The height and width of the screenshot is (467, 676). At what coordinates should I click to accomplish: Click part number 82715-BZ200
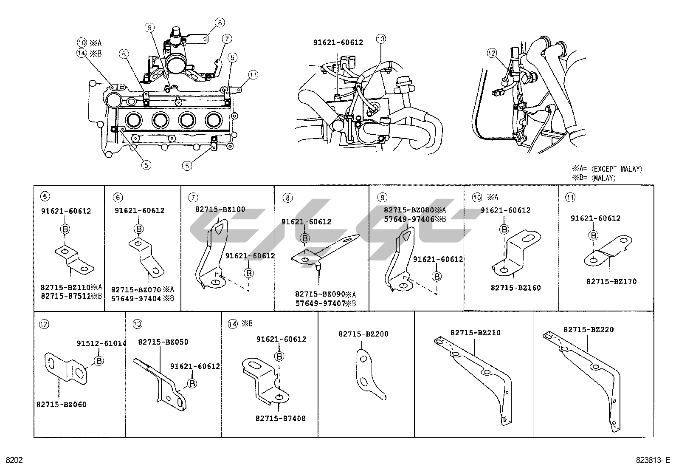tap(363, 334)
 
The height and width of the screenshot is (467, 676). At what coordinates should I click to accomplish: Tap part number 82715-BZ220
tap(589, 329)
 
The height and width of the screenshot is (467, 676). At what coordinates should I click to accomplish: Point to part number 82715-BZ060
tap(61, 405)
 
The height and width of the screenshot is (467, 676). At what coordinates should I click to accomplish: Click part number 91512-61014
tap(101, 343)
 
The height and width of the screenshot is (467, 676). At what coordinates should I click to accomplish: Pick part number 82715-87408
tap(280, 419)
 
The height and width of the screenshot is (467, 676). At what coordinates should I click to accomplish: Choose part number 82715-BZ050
tap(163, 342)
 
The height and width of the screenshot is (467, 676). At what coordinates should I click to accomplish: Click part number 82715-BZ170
tap(611, 281)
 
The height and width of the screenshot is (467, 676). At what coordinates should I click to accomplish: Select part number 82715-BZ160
tap(515, 288)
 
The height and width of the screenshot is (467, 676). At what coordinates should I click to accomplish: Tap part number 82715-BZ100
tap(220, 209)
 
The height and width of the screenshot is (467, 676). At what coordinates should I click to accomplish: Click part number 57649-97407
tap(320, 303)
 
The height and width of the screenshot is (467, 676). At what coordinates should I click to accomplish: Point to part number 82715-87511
tap(65, 296)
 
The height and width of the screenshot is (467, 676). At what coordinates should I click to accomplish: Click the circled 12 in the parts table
tap(44, 324)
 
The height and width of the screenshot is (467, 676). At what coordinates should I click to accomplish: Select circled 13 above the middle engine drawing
tap(380, 39)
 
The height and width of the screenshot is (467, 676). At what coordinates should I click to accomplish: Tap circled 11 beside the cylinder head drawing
tap(253, 75)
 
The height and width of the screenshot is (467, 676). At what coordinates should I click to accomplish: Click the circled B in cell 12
tap(99, 361)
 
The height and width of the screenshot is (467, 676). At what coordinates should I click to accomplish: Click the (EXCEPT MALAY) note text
tap(616, 169)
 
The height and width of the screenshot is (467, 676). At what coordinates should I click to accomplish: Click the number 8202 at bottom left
tap(14, 460)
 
